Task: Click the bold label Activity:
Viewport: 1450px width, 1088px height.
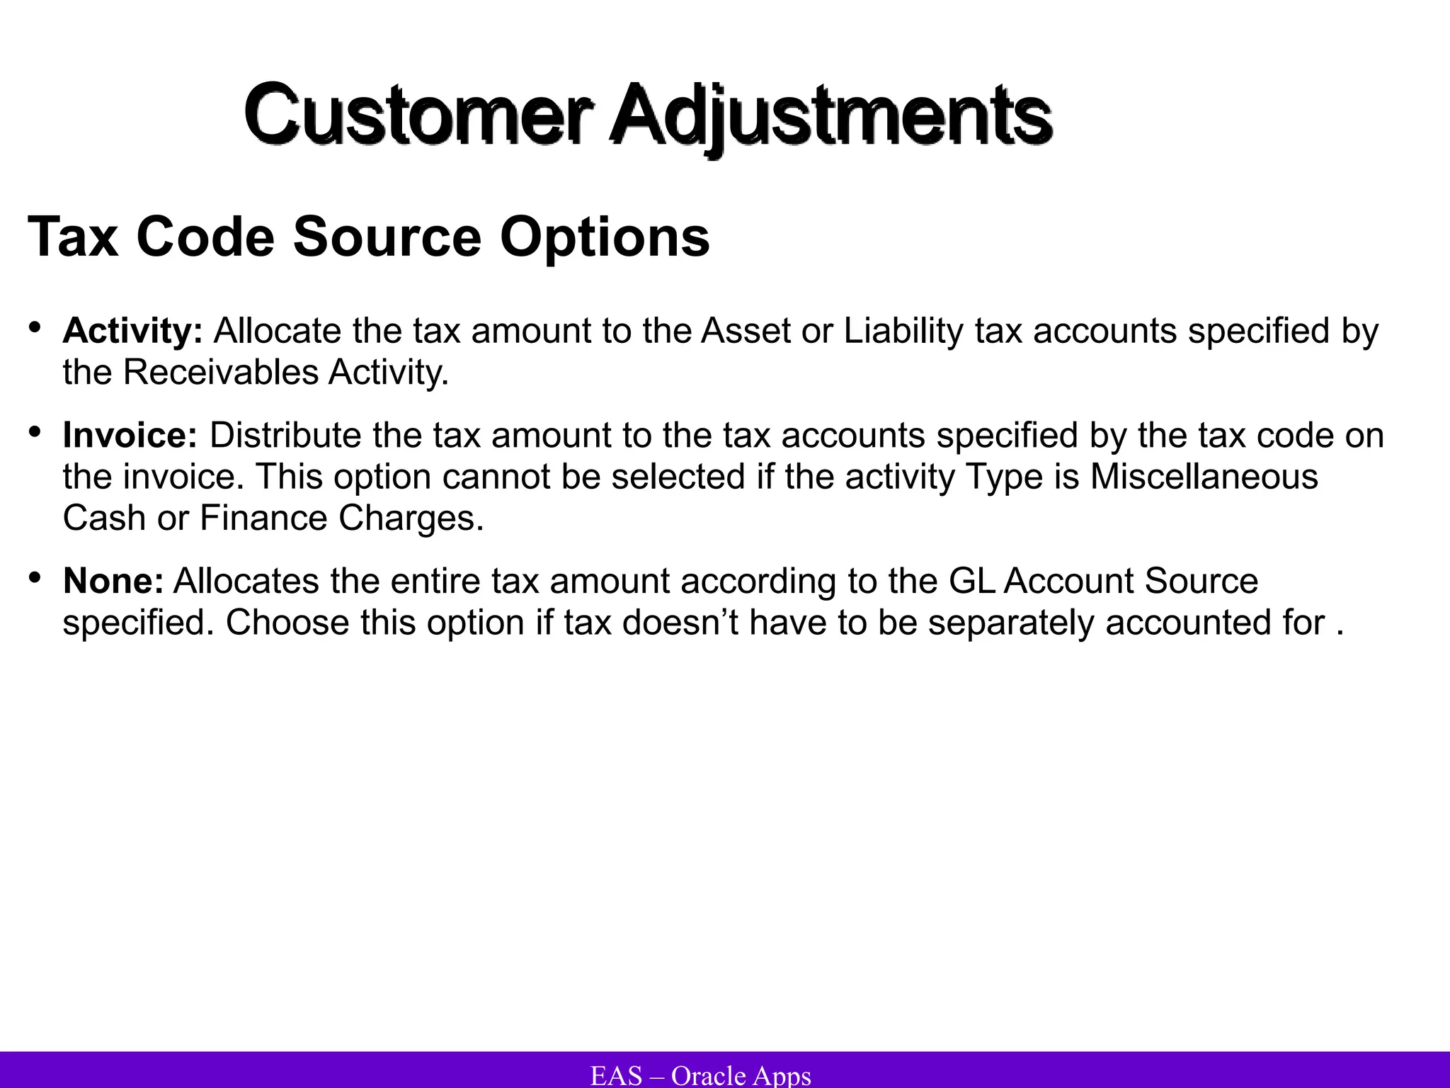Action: [x=132, y=331]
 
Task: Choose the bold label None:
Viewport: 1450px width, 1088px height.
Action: [x=113, y=581]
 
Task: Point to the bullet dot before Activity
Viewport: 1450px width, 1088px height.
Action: [x=35, y=327]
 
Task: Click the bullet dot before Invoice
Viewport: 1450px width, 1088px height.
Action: [x=35, y=431]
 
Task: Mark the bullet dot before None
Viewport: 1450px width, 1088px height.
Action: [x=35, y=577]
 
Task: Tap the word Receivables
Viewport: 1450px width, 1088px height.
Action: [x=220, y=372]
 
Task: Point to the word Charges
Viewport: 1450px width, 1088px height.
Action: [x=411, y=518]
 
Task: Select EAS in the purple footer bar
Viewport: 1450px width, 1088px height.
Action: [x=616, y=1075]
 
